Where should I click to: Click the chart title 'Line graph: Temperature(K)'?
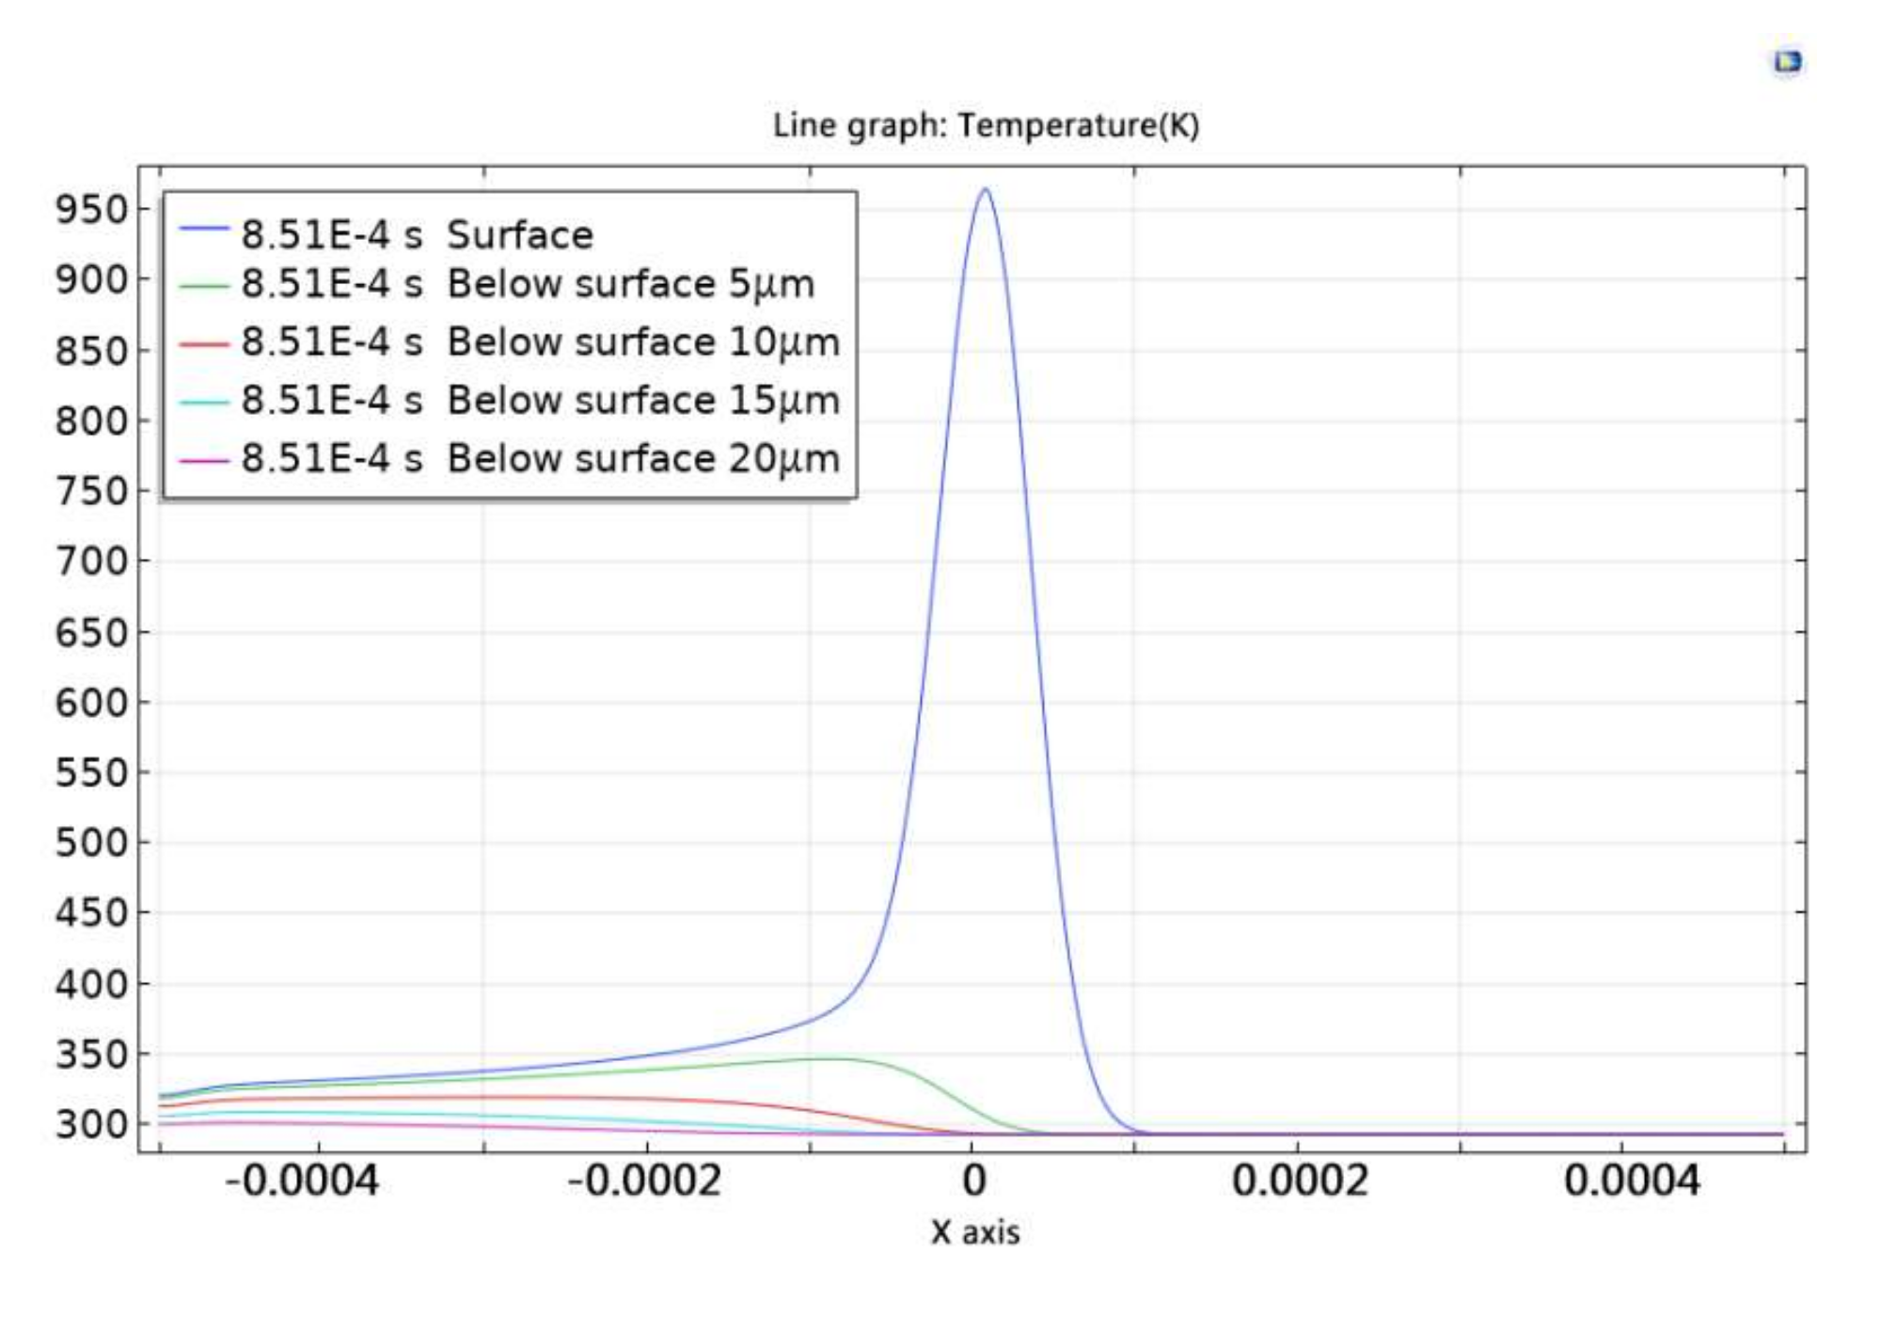pos(986,125)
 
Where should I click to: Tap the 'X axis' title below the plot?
pos(975,1232)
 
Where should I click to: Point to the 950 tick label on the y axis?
pos(91,210)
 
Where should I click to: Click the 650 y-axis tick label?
pos(91,633)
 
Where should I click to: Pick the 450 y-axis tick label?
pos(91,912)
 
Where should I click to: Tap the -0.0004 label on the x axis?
pos(302,1180)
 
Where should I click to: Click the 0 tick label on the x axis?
pos(974,1180)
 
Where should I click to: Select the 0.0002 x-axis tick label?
pos(1300,1180)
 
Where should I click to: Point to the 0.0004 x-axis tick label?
pos(1632,1180)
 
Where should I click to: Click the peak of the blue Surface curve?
pos(985,190)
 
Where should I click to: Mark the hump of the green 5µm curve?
pos(832,1059)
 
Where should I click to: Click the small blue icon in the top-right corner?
pos(1787,62)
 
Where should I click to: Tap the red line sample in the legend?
pos(204,344)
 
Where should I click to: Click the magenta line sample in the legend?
pos(204,461)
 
